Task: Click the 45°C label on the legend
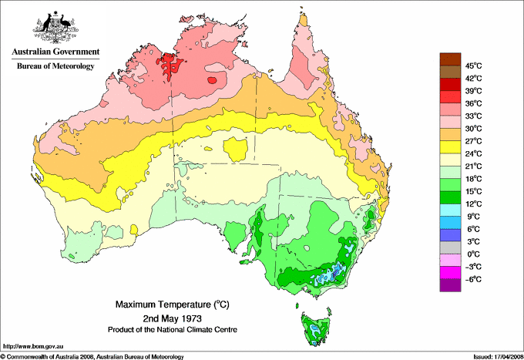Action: pyautogui.click(x=473, y=66)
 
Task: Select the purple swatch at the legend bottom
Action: pyautogui.click(x=449, y=285)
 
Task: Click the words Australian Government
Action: pyautogui.click(x=55, y=52)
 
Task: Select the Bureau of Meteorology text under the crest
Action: pyautogui.click(x=55, y=66)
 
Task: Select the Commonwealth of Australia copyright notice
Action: pyautogui.click(x=92, y=356)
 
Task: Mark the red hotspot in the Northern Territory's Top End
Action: pyautogui.click(x=170, y=65)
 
